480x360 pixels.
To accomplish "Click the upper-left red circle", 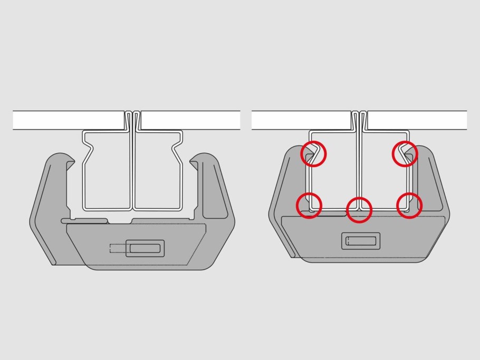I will tap(314, 154).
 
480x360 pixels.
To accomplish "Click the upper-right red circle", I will tap(405, 154).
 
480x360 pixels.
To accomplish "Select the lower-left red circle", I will tap(309, 205).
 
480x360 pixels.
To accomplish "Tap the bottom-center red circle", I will tap(359, 210).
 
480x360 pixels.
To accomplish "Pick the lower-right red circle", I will tap(409, 205).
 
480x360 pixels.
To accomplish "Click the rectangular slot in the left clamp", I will tap(145, 248).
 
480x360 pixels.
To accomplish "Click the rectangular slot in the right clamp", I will tap(361, 241).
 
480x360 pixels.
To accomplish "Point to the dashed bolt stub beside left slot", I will tap(117, 248).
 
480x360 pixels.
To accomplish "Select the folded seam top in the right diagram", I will tap(359, 113).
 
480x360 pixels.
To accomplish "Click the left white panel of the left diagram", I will tap(69, 120).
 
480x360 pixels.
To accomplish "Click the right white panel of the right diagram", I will tap(417, 120).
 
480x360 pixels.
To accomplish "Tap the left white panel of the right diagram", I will tap(301, 120).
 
